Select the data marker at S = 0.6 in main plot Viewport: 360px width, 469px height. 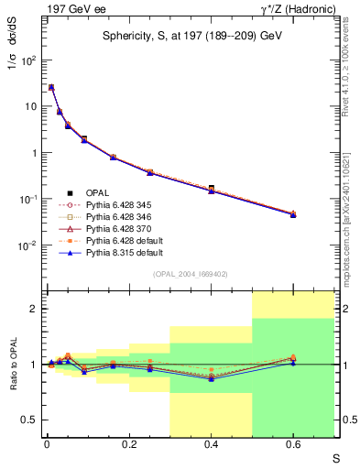pyautogui.click(x=293, y=213)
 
